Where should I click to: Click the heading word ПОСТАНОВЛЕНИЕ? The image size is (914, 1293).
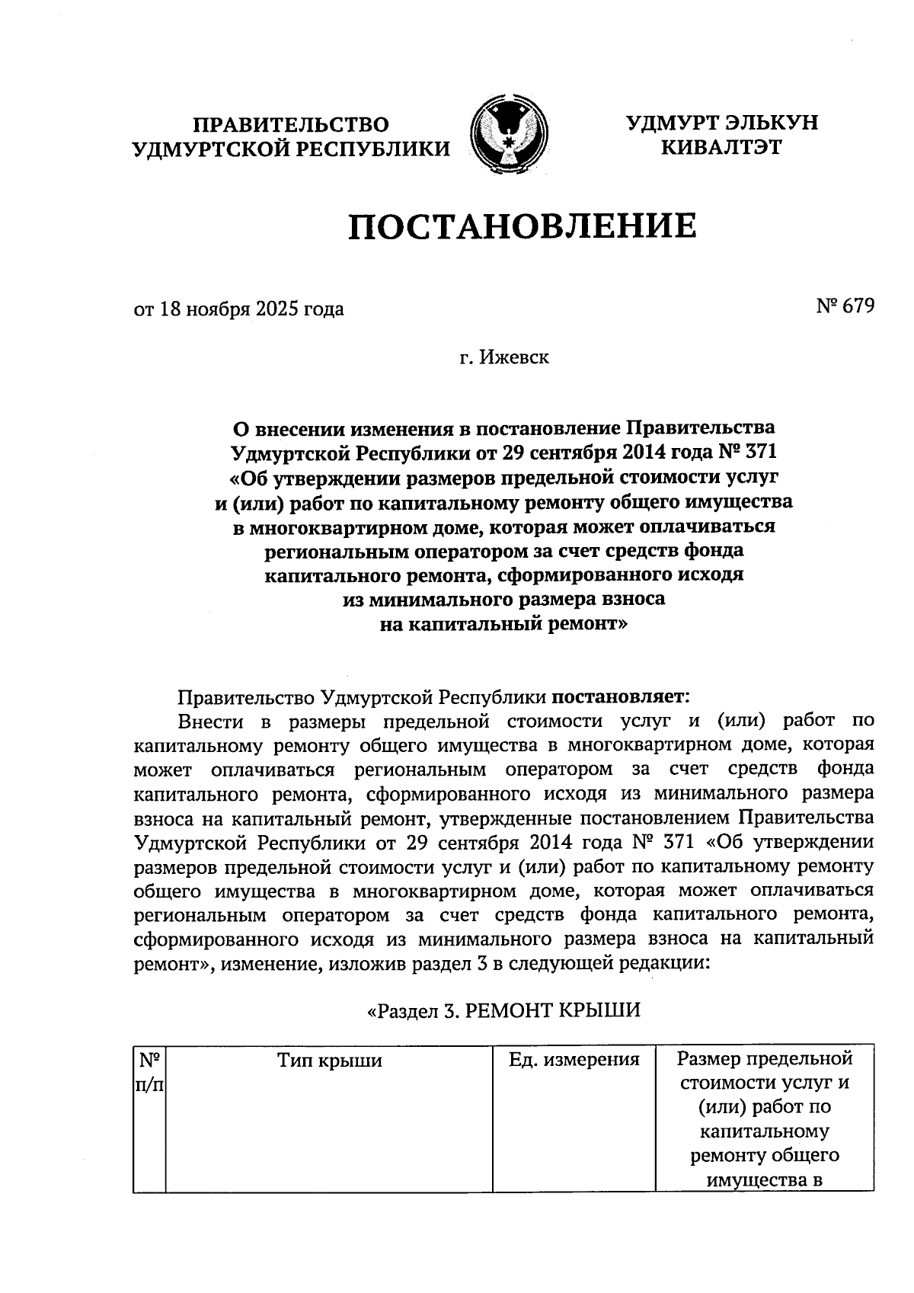(x=522, y=227)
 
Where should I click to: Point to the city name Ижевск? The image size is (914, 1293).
(x=514, y=357)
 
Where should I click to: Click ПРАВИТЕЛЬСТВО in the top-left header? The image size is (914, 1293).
(x=290, y=125)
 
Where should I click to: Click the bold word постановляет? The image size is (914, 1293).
(x=619, y=696)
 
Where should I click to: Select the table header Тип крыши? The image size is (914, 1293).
(x=329, y=1060)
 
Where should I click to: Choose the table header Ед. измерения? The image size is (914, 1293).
(x=574, y=1060)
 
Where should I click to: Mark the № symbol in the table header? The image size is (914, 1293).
(x=149, y=1060)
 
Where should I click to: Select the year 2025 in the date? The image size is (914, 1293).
(x=279, y=309)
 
